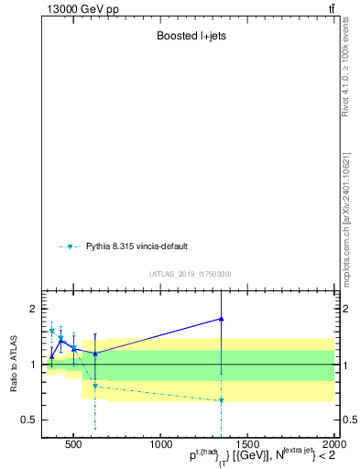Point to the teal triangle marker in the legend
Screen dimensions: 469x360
point(70,247)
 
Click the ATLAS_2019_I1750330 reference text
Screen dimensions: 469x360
point(191,274)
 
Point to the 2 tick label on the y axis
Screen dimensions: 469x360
point(32,309)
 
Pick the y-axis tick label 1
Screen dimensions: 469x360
point(32,365)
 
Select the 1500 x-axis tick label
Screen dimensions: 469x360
point(247,445)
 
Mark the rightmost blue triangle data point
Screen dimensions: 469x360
point(222,319)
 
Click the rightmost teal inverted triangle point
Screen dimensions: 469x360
point(222,400)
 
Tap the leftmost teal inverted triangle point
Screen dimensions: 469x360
point(52,331)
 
